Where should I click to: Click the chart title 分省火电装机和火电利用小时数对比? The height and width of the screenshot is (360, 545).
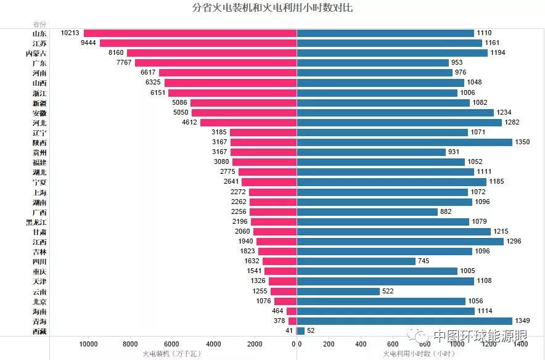pyautogui.click(x=272, y=8)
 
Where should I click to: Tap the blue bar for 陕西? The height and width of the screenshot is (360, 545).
pyautogui.click(x=404, y=142)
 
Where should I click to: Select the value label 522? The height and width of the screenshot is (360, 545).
pyautogui.click(x=388, y=292)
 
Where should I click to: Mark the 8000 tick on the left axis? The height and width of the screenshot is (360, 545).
pyautogui.click(x=130, y=344)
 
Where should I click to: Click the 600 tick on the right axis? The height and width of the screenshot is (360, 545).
pyautogui.click(x=393, y=344)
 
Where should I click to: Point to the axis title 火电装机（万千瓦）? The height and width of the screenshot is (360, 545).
pyautogui.click(x=171, y=354)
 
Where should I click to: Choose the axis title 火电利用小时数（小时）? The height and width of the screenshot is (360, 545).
pyautogui.click(x=419, y=354)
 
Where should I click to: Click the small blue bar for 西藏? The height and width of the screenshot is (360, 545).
pyautogui.click(x=300, y=331)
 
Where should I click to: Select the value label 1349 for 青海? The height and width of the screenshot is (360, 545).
pyautogui.click(x=522, y=321)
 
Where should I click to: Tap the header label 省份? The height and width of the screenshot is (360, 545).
pyautogui.click(x=39, y=24)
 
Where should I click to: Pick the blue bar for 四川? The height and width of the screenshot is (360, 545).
pyautogui.click(x=356, y=261)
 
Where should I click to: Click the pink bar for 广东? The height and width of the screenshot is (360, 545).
pyautogui.click(x=215, y=63)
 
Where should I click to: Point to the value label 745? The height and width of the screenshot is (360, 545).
pyautogui.click(x=424, y=261)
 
